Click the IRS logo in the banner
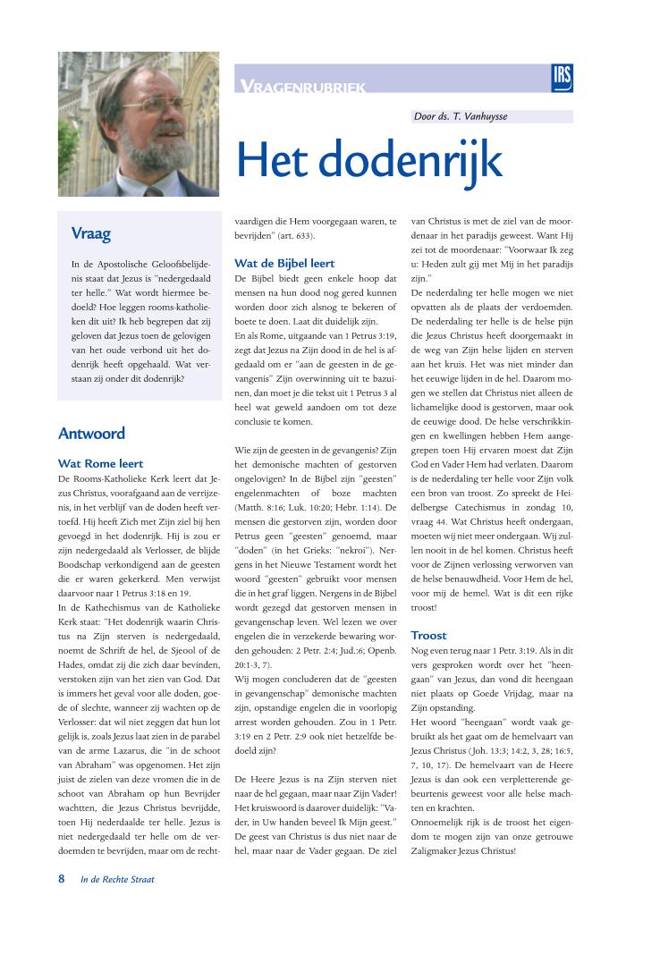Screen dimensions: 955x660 tap(563, 77)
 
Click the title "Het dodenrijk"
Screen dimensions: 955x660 tap(368, 158)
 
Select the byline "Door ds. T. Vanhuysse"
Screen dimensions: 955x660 tap(466, 116)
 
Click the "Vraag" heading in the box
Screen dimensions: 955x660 tap(91, 234)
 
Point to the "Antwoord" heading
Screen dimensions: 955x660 tap(91, 434)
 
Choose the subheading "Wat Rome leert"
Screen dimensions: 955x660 tap(100, 464)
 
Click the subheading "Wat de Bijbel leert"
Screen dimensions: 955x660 tap(284, 264)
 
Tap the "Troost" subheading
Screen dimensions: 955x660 tap(428, 636)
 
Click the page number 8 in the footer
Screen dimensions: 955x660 tap(62, 879)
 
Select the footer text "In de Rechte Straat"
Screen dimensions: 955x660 tap(117, 880)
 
